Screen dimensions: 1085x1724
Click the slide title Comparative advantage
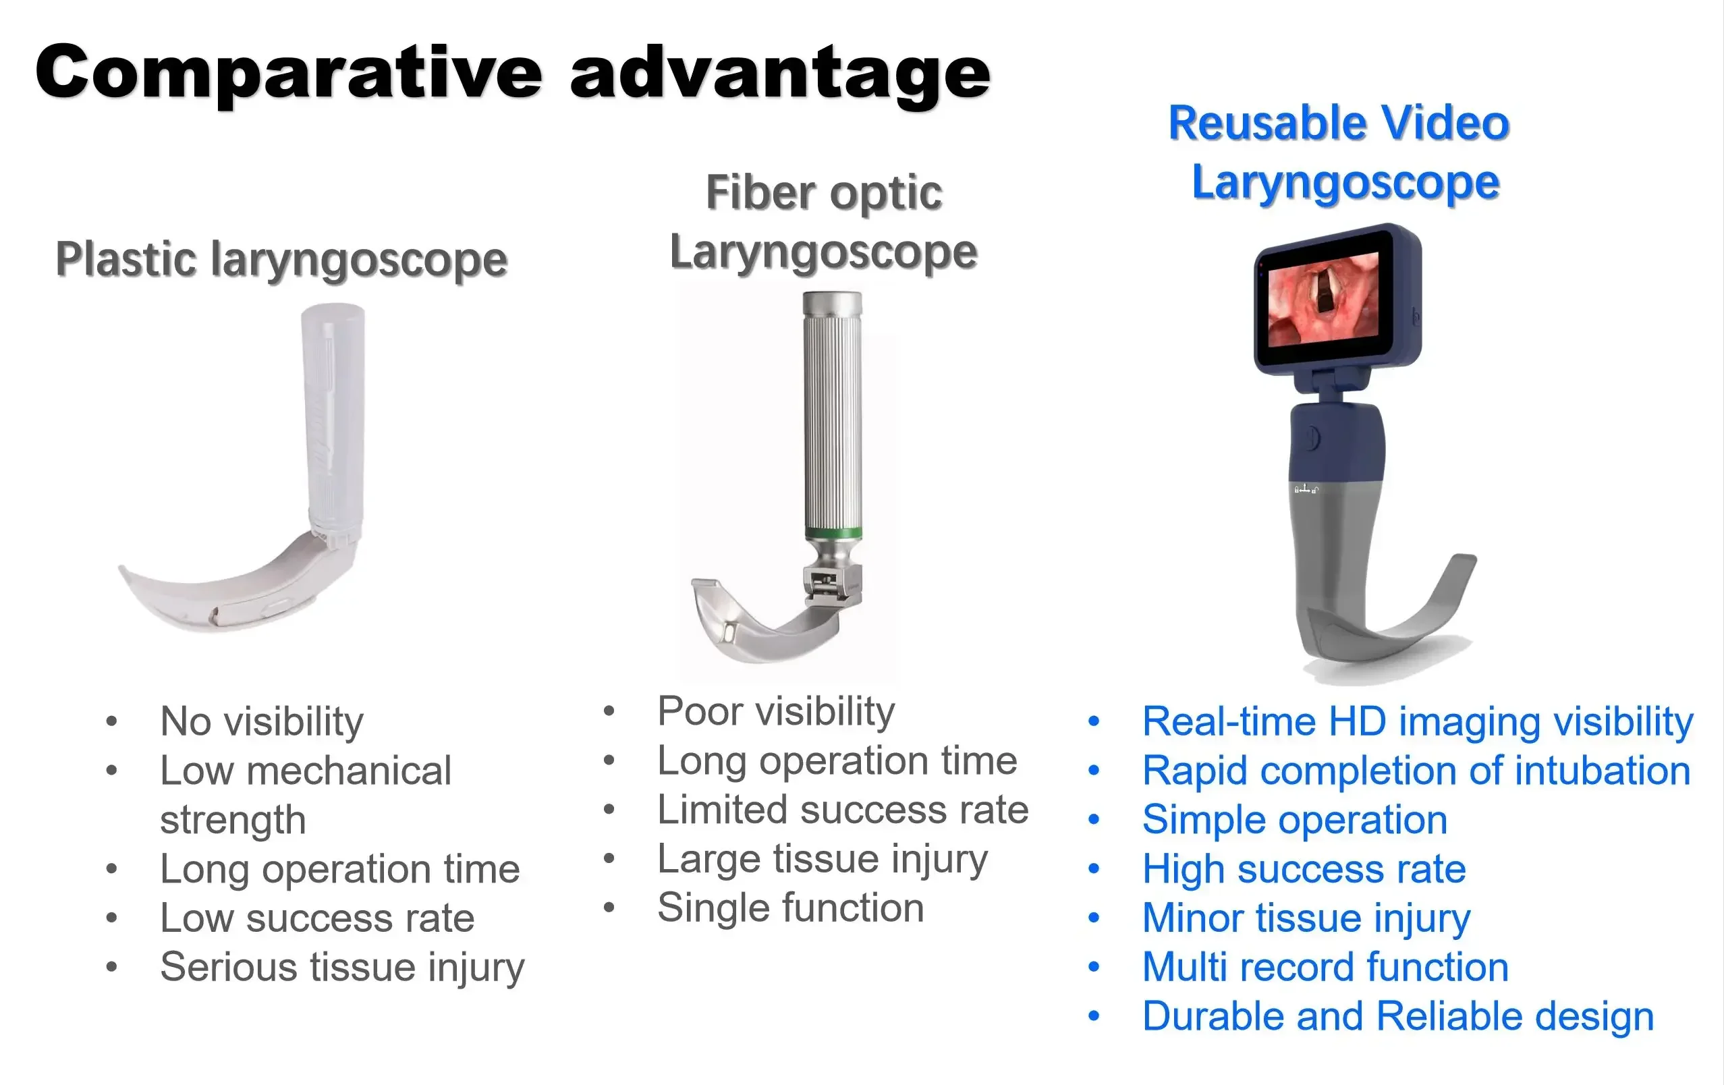[x=512, y=73]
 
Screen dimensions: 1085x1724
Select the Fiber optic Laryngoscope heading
[x=823, y=222]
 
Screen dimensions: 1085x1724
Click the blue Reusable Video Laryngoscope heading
[x=1339, y=152]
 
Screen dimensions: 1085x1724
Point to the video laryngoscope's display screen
[x=1323, y=300]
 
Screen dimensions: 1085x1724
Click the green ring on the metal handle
[x=833, y=534]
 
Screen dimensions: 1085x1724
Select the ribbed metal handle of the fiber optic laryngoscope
[x=832, y=416]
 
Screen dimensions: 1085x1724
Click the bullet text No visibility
[x=262, y=721]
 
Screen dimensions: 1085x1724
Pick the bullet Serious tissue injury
[x=342, y=968]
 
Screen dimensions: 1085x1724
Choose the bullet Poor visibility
[x=776, y=711]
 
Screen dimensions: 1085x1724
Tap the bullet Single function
[x=790, y=908]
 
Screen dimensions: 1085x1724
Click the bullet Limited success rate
[x=843, y=810]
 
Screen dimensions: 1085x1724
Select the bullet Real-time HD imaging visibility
[x=1418, y=721]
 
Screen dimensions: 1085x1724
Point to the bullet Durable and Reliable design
[x=1397, y=1016]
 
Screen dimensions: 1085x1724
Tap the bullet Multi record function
[x=1325, y=968]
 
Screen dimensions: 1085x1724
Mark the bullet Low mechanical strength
[x=306, y=795]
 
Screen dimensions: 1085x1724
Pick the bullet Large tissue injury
[x=823, y=860]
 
